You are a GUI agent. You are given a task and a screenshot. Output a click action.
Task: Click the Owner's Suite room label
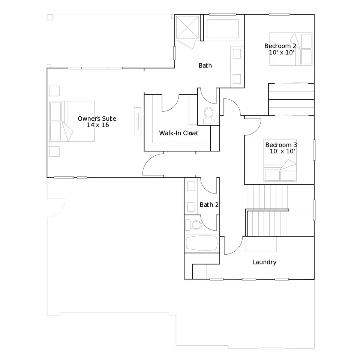[97, 118]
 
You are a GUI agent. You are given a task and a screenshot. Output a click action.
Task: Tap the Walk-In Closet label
[178, 133]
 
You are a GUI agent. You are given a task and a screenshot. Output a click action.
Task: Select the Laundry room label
[264, 262]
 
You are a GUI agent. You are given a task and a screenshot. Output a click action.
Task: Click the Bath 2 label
[209, 205]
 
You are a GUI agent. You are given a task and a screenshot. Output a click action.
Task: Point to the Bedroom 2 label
[280, 46]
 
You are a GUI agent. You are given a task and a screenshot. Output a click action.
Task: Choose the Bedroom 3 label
[281, 145]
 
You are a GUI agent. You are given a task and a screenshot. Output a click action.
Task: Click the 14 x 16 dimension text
[98, 125]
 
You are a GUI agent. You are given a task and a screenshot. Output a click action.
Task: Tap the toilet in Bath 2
[193, 225]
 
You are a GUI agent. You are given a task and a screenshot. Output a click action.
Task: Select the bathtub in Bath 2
[202, 243]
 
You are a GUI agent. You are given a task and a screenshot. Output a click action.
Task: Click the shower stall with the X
[187, 27]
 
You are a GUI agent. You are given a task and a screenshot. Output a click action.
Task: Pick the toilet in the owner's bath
[209, 115]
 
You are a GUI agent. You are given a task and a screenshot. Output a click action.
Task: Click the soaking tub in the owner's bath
[222, 29]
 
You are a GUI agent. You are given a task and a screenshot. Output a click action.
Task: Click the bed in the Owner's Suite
[72, 121]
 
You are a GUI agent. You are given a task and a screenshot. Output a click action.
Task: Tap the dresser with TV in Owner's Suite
[138, 121]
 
